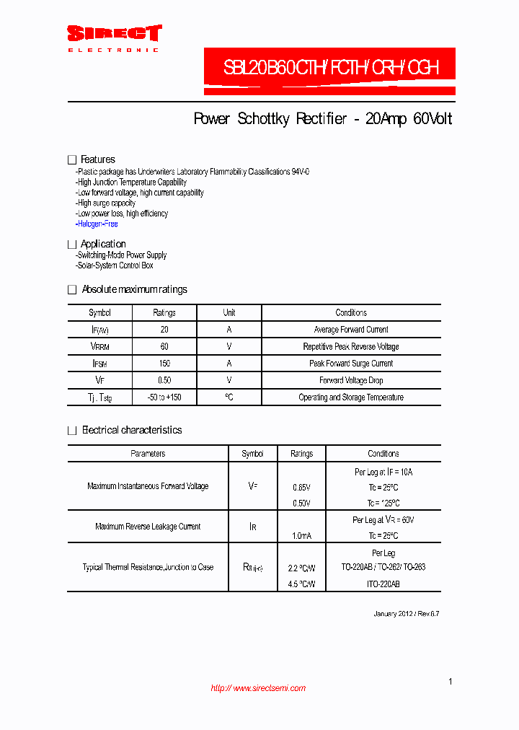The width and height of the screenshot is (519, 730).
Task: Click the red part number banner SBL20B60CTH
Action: (329, 69)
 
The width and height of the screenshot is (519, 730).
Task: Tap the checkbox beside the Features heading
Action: (71, 159)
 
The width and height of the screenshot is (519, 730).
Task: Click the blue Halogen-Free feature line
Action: (97, 224)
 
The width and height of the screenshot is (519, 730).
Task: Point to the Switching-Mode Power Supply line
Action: (121, 255)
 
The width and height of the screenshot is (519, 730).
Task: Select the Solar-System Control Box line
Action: (115, 265)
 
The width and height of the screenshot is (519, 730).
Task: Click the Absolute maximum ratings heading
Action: (134, 289)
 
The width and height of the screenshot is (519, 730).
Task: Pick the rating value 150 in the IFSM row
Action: (164, 364)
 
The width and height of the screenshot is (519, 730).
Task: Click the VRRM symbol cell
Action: (99, 347)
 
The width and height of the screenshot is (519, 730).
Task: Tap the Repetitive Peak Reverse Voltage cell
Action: (351, 347)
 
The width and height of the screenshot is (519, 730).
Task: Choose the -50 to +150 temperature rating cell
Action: (164, 397)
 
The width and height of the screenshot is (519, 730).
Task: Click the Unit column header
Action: (229, 313)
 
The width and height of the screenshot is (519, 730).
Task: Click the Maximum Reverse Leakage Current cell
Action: (148, 527)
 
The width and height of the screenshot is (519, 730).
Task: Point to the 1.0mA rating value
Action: (301, 536)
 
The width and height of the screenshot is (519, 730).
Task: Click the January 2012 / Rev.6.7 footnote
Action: (406, 614)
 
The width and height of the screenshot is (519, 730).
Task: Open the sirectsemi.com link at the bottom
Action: (258, 688)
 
